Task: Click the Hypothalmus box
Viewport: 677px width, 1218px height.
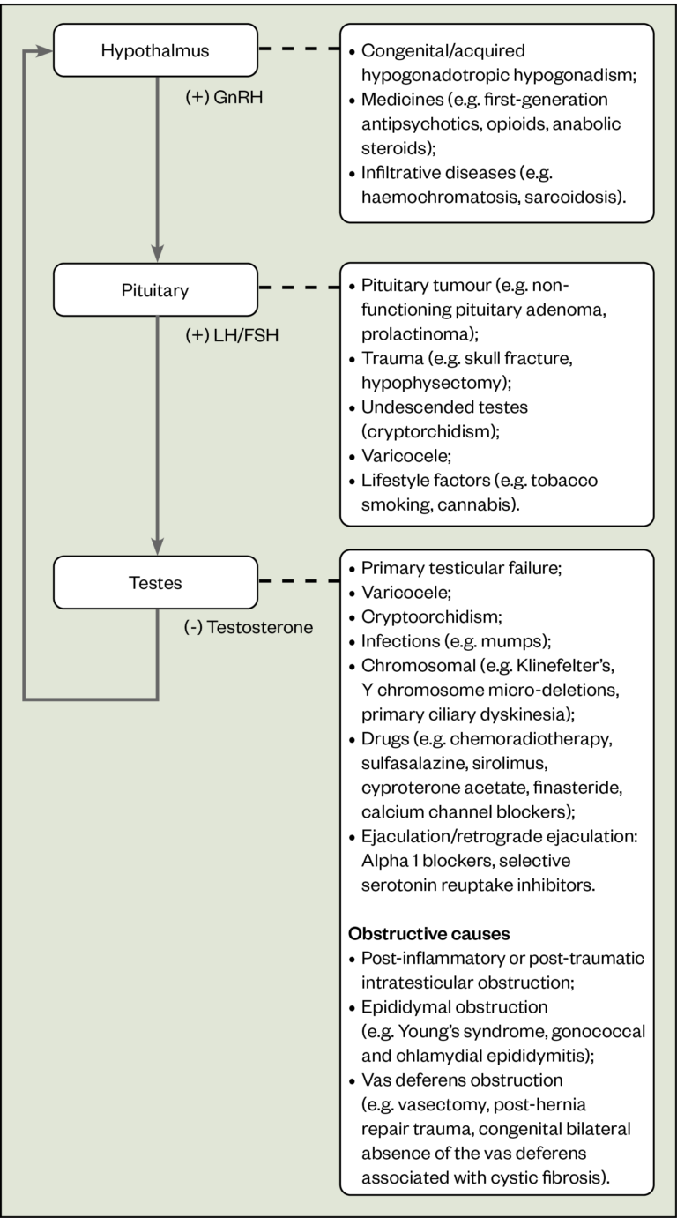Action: pyautogui.click(x=155, y=49)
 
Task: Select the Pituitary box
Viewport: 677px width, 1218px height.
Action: pyautogui.click(x=155, y=289)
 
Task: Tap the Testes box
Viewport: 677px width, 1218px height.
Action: pyautogui.click(x=155, y=582)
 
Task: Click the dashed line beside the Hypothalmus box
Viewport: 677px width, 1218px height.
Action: pyautogui.click(x=298, y=49)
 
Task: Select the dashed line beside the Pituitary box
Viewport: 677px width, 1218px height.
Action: pyautogui.click(x=298, y=288)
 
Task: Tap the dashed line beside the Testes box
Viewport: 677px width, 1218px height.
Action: pyautogui.click(x=298, y=581)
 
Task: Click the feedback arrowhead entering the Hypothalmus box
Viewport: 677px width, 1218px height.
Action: pyautogui.click(x=44, y=51)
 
